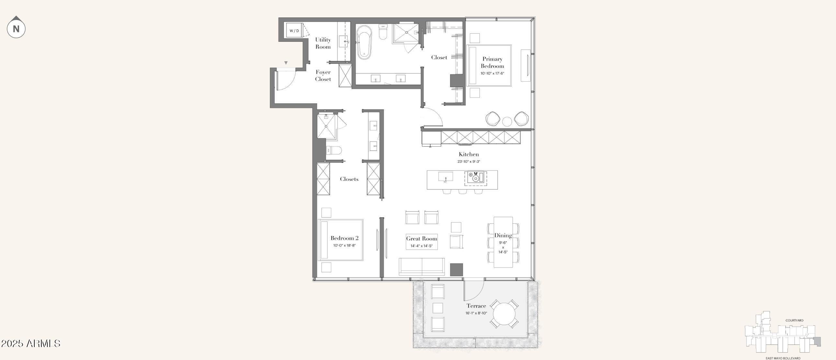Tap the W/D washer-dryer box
(294, 31)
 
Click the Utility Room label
(323, 43)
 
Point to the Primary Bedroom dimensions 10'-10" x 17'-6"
(492, 73)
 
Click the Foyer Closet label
(323, 76)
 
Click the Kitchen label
(469, 154)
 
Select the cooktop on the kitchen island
(475, 178)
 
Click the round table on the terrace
(504, 314)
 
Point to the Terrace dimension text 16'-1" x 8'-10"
(476, 313)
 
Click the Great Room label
(422, 239)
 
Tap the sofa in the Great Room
(422, 267)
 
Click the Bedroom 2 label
(344, 238)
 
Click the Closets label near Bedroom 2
(349, 179)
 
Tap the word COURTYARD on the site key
(795, 321)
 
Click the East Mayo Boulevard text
(783, 358)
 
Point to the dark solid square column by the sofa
(456, 270)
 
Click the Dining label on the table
(503, 235)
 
